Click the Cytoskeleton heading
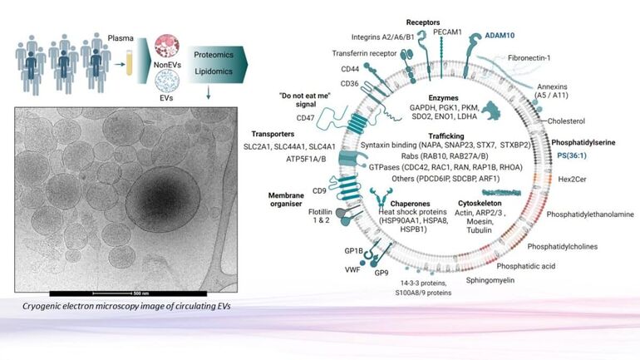pos(480,203)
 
